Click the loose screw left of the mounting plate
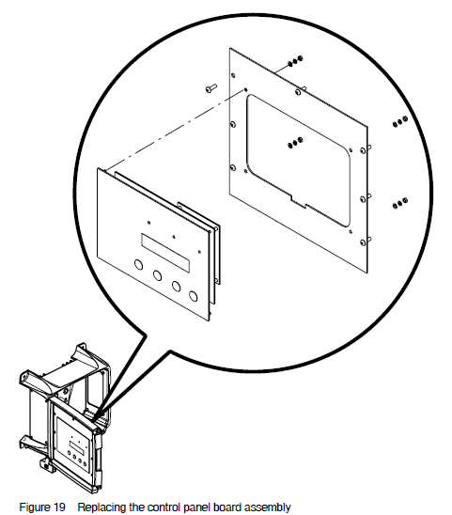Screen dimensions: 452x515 point(211,88)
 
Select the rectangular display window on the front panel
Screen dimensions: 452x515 point(165,253)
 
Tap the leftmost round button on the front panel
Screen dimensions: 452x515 point(139,264)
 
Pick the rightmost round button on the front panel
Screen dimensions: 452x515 point(194,296)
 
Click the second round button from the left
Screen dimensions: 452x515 point(157,275)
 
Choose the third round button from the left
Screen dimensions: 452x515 point(176,286)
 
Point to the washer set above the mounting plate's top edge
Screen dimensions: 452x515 point(295,61)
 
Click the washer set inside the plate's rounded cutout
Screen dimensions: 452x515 point(295,143)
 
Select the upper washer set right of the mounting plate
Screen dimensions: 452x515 point(400,121)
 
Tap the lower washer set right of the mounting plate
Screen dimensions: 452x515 point(400,203)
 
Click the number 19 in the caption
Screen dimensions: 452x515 point(58,507)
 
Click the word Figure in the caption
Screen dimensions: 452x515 point(33,507)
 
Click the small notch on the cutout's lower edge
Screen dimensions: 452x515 point(299,201)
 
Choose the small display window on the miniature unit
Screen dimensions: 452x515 point(76,447)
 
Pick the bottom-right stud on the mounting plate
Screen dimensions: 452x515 point(364,242)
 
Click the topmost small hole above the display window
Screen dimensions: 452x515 point(148,223)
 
